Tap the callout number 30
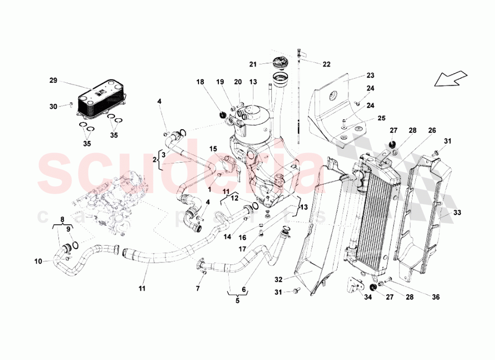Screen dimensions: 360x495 pos(53,105)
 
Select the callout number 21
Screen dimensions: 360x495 pos(252,64)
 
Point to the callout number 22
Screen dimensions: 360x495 pos(326,64)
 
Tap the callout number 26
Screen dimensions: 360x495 pos(432,131)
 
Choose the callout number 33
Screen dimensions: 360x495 pos(457,213)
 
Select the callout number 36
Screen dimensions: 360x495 pos(435,297)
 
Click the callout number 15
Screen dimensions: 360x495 pos(213,149)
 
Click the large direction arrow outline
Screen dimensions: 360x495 pos(451,79)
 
